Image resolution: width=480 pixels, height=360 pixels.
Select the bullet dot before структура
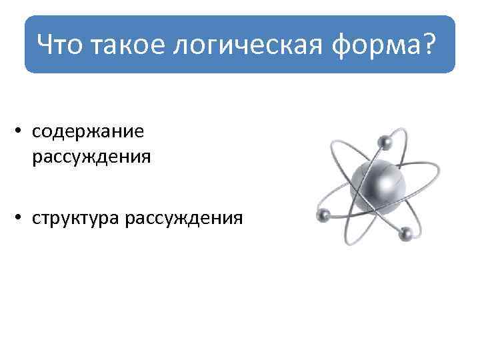[22, 218]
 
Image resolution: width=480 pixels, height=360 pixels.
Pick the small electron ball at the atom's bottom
[405, 233]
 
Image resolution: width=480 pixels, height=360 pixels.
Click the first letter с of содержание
[36, 131]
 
